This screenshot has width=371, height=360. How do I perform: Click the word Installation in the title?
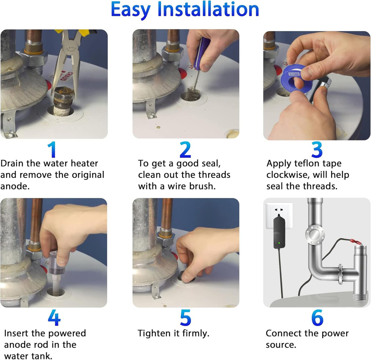click(x=208, y=10)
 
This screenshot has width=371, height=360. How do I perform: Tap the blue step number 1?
click(x=52, y=149)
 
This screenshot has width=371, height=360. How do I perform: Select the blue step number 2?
click(x=185, y=149)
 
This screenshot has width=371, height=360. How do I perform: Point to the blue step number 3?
click(x=317, y=149)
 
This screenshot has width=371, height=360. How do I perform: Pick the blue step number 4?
click(x=54, y=318)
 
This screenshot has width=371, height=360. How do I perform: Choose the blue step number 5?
click(x=185, y=318)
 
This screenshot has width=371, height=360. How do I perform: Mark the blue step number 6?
click(x=317, y=318)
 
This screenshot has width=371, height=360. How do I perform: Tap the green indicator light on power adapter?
click(x=279, y=243)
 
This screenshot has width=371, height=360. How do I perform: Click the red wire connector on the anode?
click(x=356, y=242)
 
